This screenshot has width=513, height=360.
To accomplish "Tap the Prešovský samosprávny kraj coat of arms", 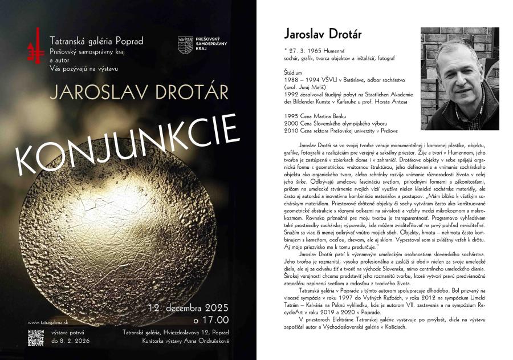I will tap(185, 45).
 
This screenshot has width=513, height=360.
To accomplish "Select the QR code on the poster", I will tap(36, 338).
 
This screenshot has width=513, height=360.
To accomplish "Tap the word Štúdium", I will tap(293, 72).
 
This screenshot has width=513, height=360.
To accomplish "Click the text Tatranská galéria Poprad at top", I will tap(96, 41).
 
